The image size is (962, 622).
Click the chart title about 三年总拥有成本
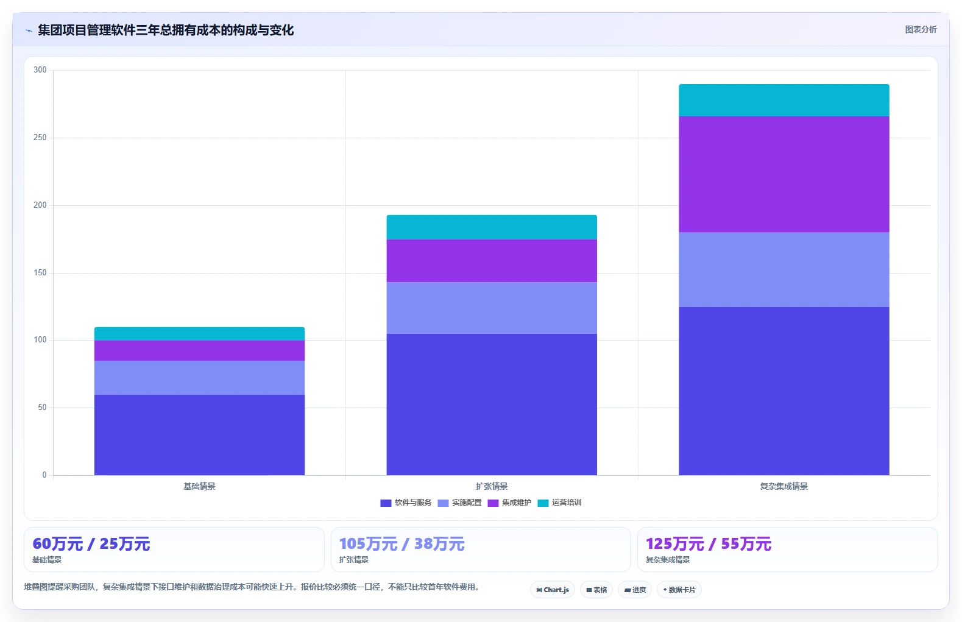click(x=166, y=30)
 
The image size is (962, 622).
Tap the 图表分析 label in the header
click(x=921, y=30)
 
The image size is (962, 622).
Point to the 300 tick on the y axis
click(x=40, y=69)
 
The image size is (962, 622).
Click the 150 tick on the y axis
click(x=40, y=272)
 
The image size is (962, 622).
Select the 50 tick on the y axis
click(x=42, y=407)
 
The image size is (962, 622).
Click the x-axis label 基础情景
click(x=199, y=486)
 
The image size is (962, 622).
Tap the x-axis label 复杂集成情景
click(x=783, y=486)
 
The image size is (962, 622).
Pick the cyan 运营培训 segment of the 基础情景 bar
click(x=199, y=334)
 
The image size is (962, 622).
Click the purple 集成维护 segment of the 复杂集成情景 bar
click(x=783, y=174)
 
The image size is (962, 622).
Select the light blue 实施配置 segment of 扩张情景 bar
click(x=492, y=308)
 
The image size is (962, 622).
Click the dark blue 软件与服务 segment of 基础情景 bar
click(x=199, y=435)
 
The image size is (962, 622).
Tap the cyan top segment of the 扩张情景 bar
click(x=492, y=227)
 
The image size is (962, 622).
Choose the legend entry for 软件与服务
click(x=406, y=503)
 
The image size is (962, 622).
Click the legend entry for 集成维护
click(x=509, y=503)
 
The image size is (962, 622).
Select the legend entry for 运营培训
click(x=559, y=503)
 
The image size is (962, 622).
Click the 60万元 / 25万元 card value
click(x=91, y=544)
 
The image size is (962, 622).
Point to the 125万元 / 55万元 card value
click(x=709, y=544)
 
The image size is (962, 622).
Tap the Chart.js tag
click(x=553, y=590)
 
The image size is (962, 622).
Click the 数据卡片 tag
click(x=679, y=590)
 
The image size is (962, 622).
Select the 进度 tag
click(x=635, y=590)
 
